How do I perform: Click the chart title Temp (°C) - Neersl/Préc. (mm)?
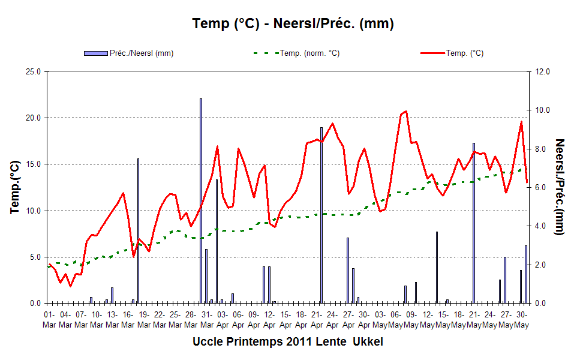(x=293, y=24)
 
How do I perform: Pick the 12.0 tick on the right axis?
(x=543, y=72)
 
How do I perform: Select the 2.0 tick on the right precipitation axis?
(x=541, y=265)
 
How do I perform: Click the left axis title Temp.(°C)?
(x=14, y=187)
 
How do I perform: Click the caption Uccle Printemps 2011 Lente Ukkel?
(x=288, y=342)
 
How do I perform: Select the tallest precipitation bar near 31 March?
(x=201, y=201)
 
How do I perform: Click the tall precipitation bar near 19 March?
(x=138, y=231)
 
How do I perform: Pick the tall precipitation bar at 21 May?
(x=474, y=223)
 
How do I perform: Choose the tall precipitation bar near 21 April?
(x=321, y=215)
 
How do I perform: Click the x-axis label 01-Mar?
(x=49, y=320)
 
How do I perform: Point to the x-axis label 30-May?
(x=522, y=320)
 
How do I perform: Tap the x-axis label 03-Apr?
(x=223, y=320)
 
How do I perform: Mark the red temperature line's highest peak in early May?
(x=406, y=111)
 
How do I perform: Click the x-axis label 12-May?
(x=427, y=320)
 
